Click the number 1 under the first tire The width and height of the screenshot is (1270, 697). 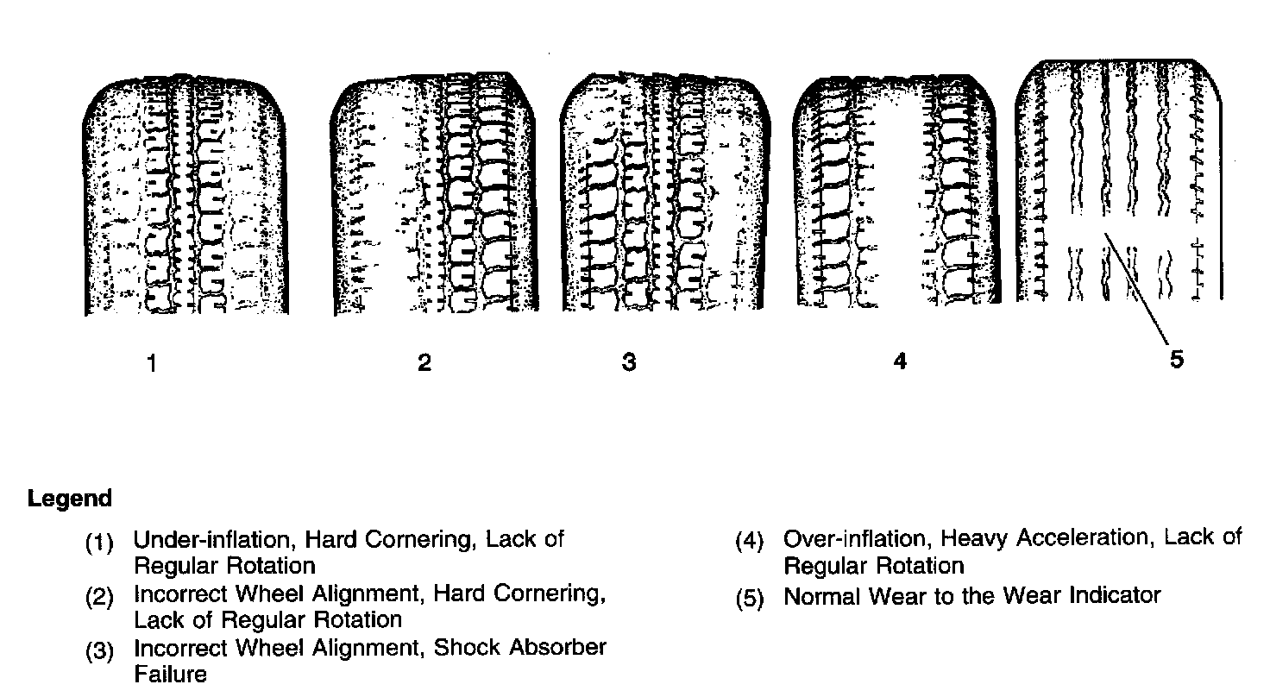[x=152, y=364]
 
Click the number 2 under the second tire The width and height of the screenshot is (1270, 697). [x=424, y=364]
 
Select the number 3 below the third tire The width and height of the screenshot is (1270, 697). [x=629, y=364]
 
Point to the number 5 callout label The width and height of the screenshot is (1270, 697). [x=1177, y=360]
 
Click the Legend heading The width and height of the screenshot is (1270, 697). [x=70, y=499]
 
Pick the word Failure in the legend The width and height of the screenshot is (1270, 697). [x=171, y=674]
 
